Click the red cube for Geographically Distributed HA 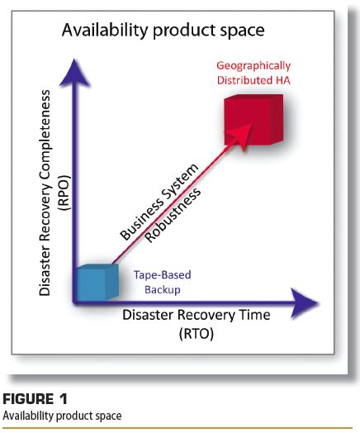(x=253, y=120)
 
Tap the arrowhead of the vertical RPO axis (x=74, y=73)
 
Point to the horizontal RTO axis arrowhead (x=306, y=302)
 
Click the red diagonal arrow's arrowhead (x=240, y=136)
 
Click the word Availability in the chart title (x=105, y=30)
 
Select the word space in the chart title (x=242, y=31)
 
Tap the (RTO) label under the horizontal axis (x=197, y=334)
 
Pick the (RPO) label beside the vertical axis (x=64, y=193)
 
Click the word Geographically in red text (x=253, y=66)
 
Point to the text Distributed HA (x=253, y=80)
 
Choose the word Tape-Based (x=162, y=275)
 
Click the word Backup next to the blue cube (x=163, y=290)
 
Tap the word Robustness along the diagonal (x=173, y=215)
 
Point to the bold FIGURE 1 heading (x=35, y=399)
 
